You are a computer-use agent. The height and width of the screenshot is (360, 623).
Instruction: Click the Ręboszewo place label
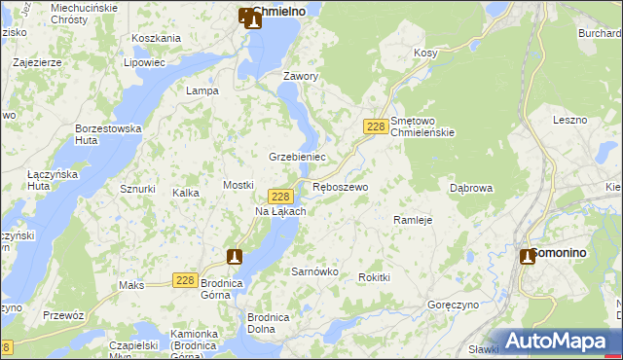tap(340, 187)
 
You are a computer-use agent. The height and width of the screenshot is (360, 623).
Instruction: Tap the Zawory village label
tap(301, 76)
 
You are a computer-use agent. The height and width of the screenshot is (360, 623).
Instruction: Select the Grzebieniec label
tap(297, 157)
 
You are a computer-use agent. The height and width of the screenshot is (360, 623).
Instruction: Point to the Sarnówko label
tap(314, 272)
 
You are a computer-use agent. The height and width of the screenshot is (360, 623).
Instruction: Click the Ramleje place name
tap(412, 220)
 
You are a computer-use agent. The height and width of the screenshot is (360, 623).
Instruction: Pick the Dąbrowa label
tap(471, 188)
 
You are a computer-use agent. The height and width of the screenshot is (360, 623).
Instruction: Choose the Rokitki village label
tap(374, 277)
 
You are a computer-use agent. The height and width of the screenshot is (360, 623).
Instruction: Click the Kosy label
tap(425, 53)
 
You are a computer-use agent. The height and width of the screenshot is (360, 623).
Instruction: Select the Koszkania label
tap(156, 38)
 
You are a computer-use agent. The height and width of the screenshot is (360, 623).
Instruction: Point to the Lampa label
tap(202, 90)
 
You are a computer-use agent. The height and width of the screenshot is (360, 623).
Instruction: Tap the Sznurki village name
tap(137, 189)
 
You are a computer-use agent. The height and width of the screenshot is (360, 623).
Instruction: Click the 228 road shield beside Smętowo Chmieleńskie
tap(377, 127)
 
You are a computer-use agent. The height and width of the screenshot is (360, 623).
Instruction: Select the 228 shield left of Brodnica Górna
tap(186, 280)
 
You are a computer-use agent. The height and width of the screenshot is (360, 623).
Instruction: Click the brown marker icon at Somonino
tap(528, 256)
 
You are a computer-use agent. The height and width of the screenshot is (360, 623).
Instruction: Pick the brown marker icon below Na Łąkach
tap(234, 256)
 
